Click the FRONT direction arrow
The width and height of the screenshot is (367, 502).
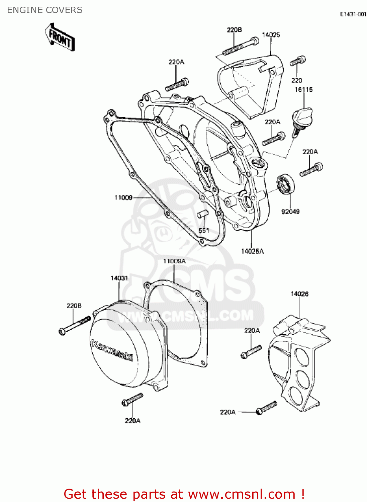pos(60,37)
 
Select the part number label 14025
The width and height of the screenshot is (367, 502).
pos(271,35)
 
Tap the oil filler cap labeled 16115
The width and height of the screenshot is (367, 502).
pos(302,117)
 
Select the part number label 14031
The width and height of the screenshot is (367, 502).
pos(119,278)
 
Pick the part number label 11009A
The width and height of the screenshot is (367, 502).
pos(174,261)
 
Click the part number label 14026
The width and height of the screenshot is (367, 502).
pos(299,294)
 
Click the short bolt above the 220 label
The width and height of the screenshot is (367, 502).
pos(297,61)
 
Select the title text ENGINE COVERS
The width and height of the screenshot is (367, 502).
pos(45,10)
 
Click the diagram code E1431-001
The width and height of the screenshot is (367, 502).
pos(353,14)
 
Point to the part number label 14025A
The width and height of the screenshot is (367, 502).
pos(252,251)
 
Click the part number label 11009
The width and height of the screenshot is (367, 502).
pos(123,197)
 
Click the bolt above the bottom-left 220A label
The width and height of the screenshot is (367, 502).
pos(132,400)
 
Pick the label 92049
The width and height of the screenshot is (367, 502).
pos(290,212)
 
